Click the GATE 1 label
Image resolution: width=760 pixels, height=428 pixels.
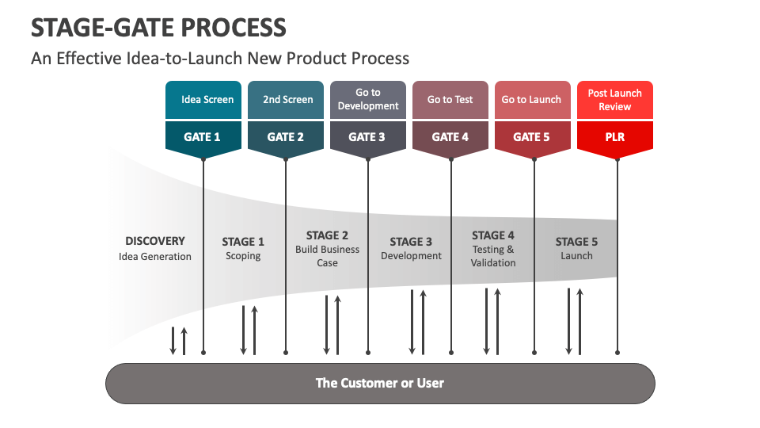(203, 136)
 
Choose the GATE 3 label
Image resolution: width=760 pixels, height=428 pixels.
(367, 136)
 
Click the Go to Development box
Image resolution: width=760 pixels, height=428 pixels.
(368, 100)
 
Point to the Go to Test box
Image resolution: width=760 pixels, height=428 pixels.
(450, 100)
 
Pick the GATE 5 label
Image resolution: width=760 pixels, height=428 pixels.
(532, 136)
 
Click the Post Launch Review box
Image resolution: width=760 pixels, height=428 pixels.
(615, 100)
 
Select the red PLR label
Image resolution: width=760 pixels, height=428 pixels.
(615, 136)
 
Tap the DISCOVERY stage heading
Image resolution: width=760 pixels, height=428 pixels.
(155, 241)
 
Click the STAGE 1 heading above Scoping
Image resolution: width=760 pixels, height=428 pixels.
(243, 242)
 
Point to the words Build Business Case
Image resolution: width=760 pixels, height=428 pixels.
(328, 256)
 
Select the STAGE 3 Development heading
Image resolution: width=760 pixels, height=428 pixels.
(411, 242)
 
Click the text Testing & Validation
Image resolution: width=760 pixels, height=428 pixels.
(493, 256)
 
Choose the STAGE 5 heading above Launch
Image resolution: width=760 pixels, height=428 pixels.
(576, 242)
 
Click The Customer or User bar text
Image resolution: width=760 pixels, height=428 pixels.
(380, 384)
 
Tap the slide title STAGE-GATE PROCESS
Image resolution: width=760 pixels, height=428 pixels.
(158, 28)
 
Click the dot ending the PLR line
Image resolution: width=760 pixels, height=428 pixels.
(617, 352)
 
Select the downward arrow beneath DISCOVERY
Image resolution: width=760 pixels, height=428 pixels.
(173, 341)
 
